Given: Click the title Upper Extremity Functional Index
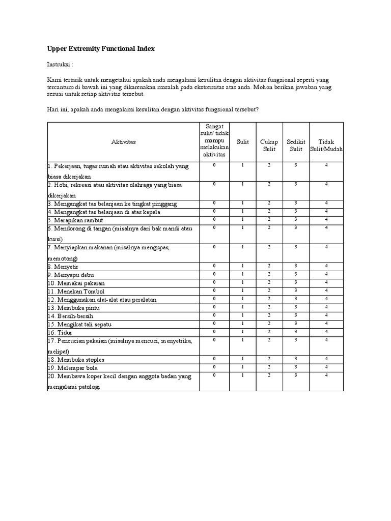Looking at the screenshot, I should tap(101, 49).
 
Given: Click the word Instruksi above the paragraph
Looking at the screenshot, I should tap(60, 65).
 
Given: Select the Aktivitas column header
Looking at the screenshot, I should tap(123, 141).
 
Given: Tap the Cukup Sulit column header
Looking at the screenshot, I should tap(269, 145).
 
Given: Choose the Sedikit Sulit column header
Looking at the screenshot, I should tap(296, 145).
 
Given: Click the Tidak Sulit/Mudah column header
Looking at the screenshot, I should tap(326, 145).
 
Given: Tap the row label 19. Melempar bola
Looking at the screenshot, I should tap(73, 367).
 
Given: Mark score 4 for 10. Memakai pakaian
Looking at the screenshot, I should tap(326, 282).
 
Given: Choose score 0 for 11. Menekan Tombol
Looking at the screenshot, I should tap(214, 290).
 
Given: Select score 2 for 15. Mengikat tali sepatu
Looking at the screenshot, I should tap(269, 323).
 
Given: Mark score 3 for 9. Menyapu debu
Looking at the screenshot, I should tap(296, 274).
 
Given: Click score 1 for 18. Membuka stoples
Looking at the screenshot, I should tap(243, 359).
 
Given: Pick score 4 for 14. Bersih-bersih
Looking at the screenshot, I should tap(326, 315).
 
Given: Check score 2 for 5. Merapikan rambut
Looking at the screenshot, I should tap(269, 219).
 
